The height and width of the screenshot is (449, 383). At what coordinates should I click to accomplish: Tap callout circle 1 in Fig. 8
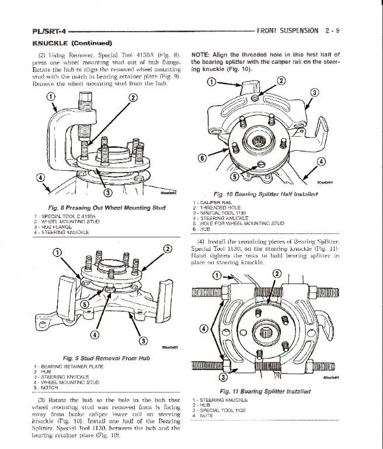coord(50,96)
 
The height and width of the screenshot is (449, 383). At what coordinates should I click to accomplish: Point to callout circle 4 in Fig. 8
coord(40,178)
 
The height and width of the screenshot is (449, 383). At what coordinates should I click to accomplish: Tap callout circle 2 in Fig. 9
coord(168,250)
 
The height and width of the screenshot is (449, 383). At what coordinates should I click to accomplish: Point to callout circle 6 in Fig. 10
coord(201,157)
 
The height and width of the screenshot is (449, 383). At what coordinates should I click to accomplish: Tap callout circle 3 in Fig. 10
coord(315,92)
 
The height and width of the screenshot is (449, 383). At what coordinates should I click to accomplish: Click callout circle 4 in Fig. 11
coord(203,329)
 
